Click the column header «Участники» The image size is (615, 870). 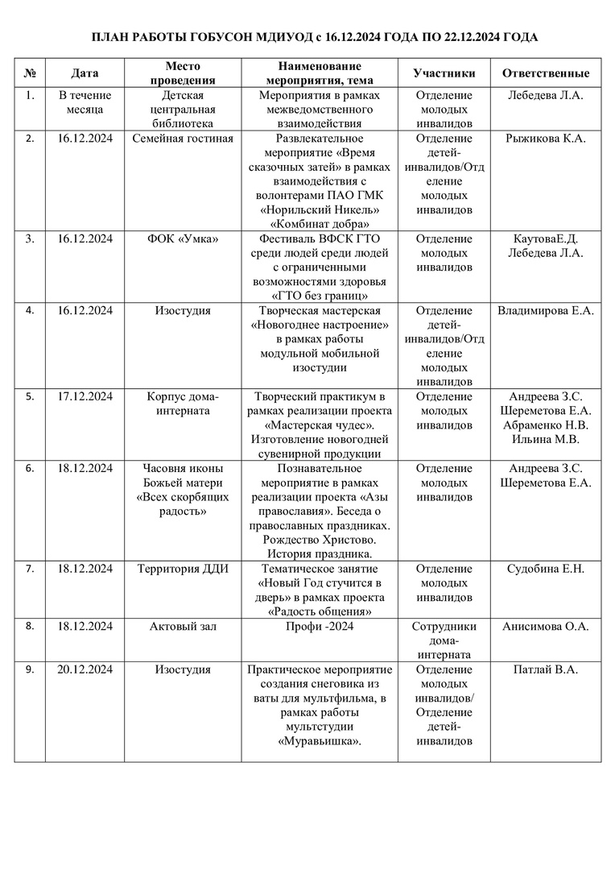(x=444, y=73)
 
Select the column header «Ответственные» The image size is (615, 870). (x=546, y=73)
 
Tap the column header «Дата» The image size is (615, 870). (x=85, y=73)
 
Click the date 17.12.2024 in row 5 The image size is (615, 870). (x=85, y=396)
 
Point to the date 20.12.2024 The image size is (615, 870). (x=85, y=669)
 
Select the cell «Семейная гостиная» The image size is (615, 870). (x=183, y=139)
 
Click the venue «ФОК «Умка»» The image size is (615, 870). (x=183, y=238)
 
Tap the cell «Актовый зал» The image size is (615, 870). (x=183, y=626)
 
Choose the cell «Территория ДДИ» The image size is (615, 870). (x=183, y=569)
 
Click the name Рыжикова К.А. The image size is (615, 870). (x=546, y=139)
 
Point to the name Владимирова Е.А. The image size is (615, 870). (x=546, y=310)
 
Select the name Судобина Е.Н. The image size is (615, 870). (x=546, y=569)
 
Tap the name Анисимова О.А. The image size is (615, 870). (x=546, y=626)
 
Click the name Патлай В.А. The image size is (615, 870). (x=546, y=669)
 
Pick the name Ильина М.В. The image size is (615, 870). (x=546, y=439)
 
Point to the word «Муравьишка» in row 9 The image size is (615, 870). (x=320, y=741)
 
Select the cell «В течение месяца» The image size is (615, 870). (x=85, y=102)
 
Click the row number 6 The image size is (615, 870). (x=30, y=467)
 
